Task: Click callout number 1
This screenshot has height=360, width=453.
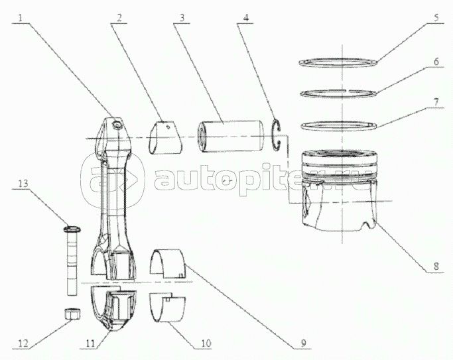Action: coord(20,19)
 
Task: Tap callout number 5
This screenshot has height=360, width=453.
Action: coord(436,17)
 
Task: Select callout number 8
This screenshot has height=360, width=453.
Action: coord(436,266)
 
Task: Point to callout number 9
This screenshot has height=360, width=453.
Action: coord(303,343)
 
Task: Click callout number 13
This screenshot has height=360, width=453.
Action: coord(23,183)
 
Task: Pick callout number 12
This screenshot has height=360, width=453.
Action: coord(23,343)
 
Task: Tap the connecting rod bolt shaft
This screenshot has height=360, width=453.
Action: coord(72,263)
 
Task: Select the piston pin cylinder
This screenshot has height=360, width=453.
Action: coord(230,137)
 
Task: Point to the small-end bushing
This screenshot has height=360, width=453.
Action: coord(166,138)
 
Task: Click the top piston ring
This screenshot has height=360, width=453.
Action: coord(338,62)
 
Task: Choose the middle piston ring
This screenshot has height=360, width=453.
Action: coord(338,93)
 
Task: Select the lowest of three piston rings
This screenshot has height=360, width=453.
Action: coord(339,126)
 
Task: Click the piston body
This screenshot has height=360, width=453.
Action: coord(339,190)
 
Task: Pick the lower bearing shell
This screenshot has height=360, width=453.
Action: coord(166,308)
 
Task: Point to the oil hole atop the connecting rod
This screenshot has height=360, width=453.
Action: coord(117,125)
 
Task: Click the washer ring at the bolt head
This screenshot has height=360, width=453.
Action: coord(72,229)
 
